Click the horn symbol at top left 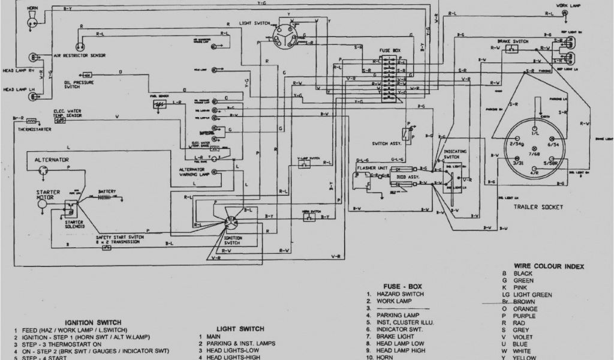30,22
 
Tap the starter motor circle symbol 42,204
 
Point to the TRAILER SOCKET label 537,207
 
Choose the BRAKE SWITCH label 513,41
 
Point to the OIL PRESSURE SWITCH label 76,84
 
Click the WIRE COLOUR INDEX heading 549,266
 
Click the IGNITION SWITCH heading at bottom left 93,322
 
